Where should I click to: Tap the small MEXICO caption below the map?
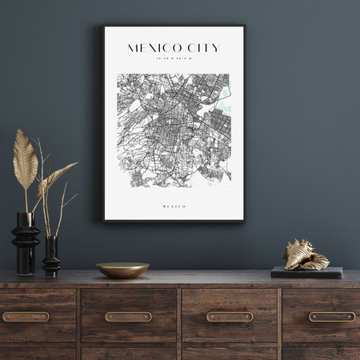(174, 206)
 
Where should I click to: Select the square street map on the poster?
(174, 131)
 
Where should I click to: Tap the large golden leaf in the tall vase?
(25, 160)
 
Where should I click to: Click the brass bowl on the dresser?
(122, 270)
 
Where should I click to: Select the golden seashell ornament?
(306, 255)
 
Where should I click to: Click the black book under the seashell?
(306, 273)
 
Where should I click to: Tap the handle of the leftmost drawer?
(26, 317)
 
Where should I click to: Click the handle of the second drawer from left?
(128, 317)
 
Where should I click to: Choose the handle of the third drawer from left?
(230, 317)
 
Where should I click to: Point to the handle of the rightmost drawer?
(331, 317)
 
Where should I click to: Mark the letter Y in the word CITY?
(214, 48)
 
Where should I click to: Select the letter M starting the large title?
(134, 48)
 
